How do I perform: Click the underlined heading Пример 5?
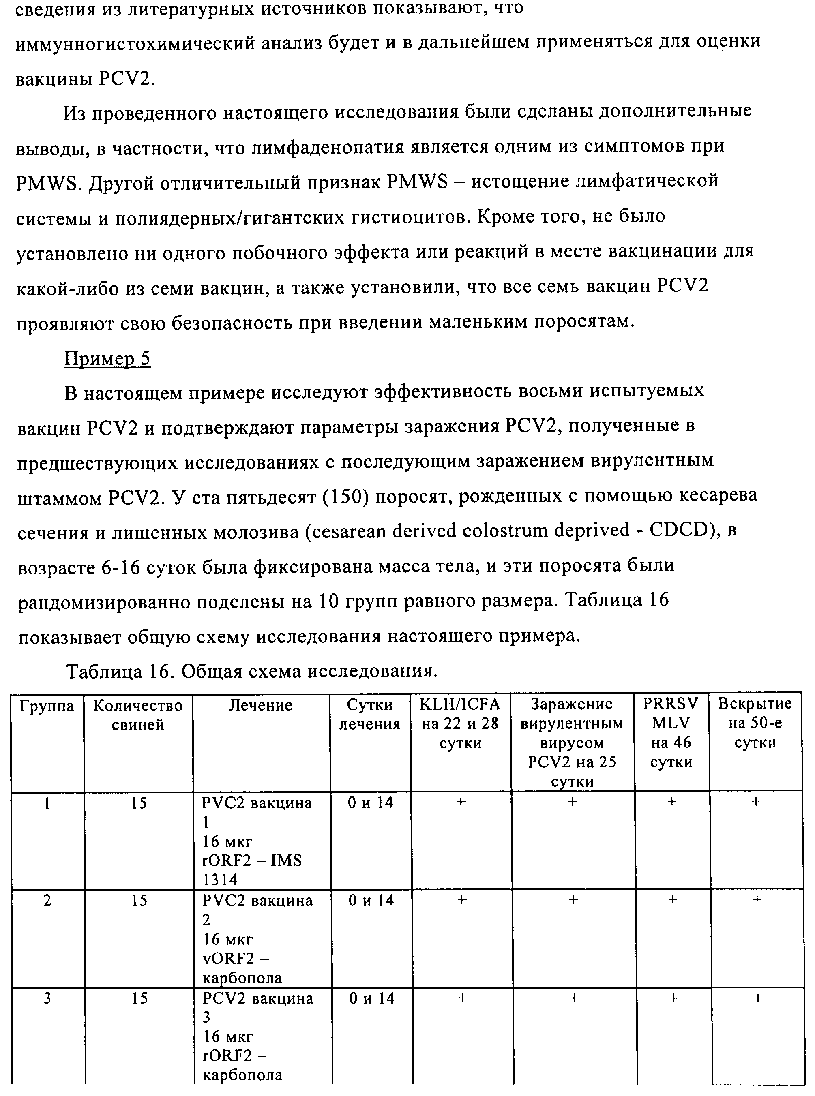point(107,358)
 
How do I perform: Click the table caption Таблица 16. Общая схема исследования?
point(252,671)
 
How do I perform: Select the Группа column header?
point(47,706)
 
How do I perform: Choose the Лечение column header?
point(260,706)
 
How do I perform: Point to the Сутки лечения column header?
point(369,715)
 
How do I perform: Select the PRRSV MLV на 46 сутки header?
point(671,733)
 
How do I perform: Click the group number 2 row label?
point(47,901)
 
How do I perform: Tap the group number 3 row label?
point(47,998)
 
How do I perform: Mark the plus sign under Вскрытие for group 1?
point(755,802)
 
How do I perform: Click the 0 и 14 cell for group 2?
point(371,901)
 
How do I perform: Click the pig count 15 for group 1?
point(139,803)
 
